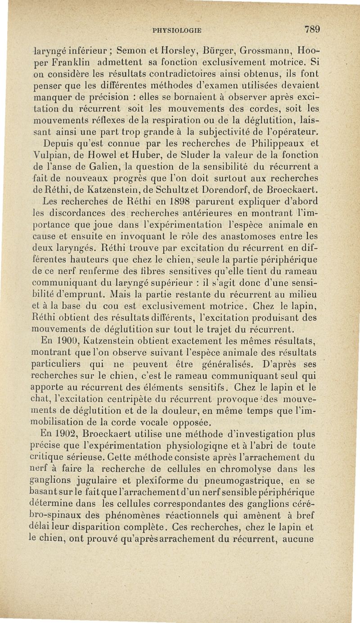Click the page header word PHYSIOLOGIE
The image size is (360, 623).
pyautogui.click(x=176, y=31)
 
